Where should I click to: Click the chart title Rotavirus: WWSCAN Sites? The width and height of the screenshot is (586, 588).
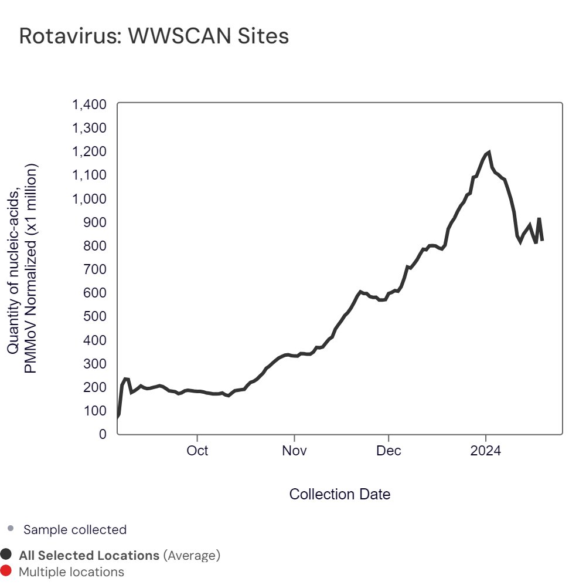pos(154,36)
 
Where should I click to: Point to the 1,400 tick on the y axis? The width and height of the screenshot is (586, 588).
pos(89,105)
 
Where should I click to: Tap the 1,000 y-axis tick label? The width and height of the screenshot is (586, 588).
pos(89,199)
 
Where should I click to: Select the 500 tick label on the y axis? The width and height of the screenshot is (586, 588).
pos(94,316)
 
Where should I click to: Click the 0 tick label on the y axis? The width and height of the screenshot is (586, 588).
pos(103,434)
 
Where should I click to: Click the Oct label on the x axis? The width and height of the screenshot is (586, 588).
pos(197,451)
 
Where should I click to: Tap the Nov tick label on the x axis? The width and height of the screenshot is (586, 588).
pos(294,451)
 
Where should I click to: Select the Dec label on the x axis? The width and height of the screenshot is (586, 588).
pos(389,451)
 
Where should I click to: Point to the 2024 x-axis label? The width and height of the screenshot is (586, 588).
pos(486,451)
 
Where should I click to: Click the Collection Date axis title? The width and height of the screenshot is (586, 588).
pos(340,494)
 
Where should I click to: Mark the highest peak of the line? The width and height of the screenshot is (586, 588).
pos(489,152)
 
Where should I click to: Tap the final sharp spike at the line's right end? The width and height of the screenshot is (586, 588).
pos(539,219)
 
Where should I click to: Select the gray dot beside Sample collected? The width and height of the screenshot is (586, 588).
pos(10,529)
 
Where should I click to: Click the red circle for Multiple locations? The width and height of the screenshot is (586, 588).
pos(6,571)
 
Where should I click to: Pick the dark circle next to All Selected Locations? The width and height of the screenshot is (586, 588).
pos(6,555)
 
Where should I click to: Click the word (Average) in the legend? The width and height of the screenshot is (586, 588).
pos(192,555)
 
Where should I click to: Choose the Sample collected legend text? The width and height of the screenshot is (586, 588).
pos(75,529)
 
